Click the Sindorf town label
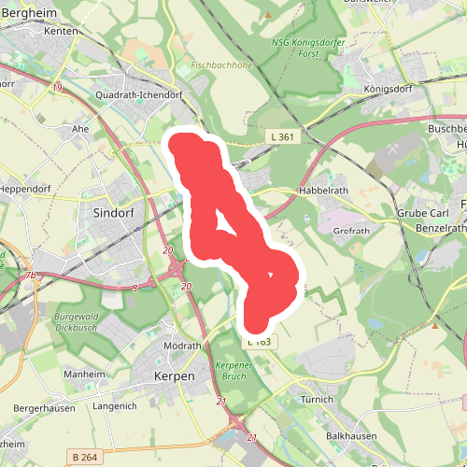pyautogui.click(x=115, y=213)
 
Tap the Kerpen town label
pyautogui.click(x=173, y=376)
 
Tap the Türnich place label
pyautogui.click(x=318, y=400)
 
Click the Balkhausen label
pyautogui.click(x=351, y=436)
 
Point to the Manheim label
pyautogui.click(x=83, y=375)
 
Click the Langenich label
pyautogui.click(x=115, y=407)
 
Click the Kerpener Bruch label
pyautogui.click(x=235, y=371)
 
